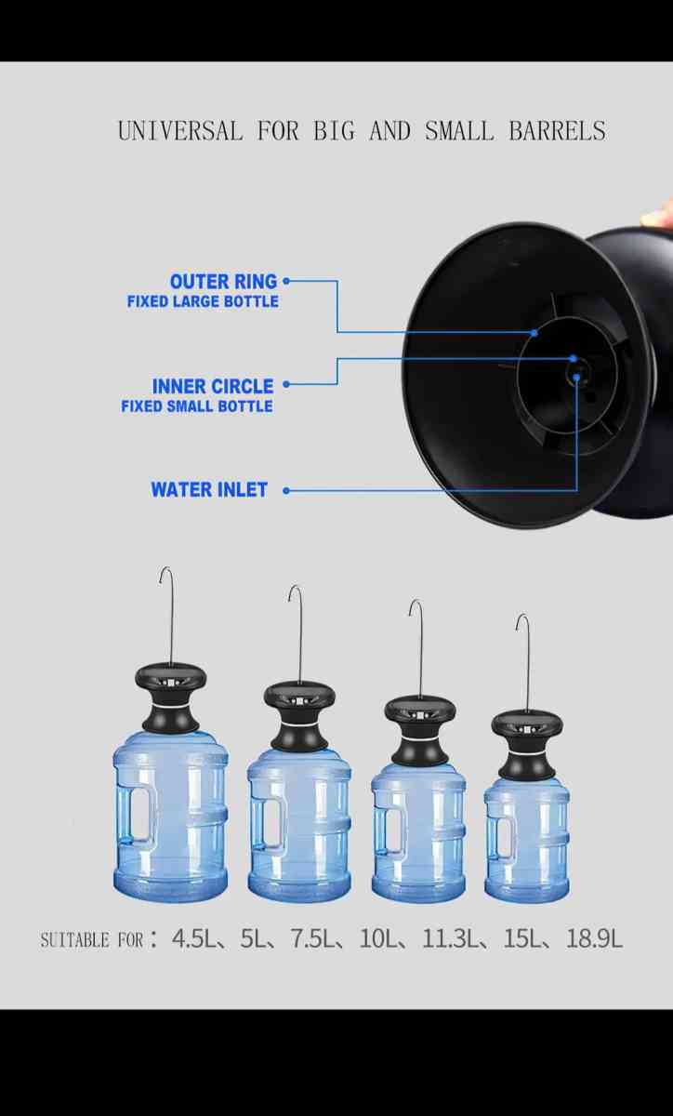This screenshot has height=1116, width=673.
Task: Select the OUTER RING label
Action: [x=223, y=281]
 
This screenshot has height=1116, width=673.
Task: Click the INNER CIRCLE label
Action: [x=213, y=386]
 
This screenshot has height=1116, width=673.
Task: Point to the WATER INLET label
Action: [x=209, y=490]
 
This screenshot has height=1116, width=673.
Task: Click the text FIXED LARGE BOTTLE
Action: [x=203, y=301]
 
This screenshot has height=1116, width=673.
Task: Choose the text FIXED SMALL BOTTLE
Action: [x=197, y=406]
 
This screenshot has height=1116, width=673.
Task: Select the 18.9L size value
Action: [x=594, y=939]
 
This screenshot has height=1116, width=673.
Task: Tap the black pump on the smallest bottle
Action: [x=527, y=739]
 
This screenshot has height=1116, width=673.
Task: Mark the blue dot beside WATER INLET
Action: [x=286, y=490]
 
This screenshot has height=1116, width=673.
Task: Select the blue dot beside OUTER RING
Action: [x=286, y=280]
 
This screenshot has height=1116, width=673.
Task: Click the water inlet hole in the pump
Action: [x=577, y=374]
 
